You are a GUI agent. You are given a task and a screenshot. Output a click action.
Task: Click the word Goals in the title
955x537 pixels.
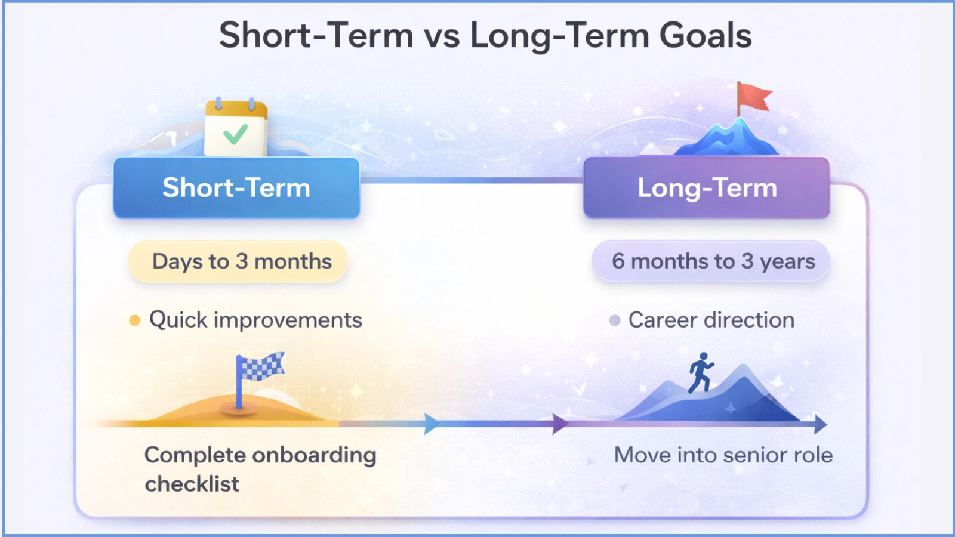[705, 35]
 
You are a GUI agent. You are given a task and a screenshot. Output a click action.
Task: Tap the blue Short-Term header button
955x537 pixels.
[236, 188]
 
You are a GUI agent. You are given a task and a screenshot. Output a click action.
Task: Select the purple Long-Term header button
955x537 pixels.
[707, 188]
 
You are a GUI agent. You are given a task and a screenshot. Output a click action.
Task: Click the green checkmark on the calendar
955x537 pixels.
[235, 134]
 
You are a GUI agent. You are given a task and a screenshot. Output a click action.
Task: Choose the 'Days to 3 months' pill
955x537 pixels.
[238, 261]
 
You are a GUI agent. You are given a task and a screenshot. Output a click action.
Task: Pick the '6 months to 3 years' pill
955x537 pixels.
[711, 261]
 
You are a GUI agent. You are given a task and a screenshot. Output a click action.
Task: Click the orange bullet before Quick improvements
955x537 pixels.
[135, 321]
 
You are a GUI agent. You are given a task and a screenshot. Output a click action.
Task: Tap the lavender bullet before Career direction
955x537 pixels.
[614, 321]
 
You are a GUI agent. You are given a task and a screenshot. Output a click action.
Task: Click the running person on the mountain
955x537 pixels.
[701, 372]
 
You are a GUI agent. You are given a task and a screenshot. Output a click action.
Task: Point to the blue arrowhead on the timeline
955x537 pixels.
[431, 424]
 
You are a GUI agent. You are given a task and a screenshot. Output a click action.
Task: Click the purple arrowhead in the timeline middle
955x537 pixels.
[559, 424]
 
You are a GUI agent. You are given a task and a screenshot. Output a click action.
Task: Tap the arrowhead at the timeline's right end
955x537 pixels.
[820, 424]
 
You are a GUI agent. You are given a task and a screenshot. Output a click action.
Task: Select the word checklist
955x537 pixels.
[192, 484]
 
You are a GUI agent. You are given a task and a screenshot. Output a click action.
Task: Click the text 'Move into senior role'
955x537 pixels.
[723, 455]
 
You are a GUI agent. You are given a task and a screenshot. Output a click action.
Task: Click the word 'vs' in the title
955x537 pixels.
[442, 35]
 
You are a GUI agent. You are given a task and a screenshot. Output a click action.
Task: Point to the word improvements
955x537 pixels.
[288, 320]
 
